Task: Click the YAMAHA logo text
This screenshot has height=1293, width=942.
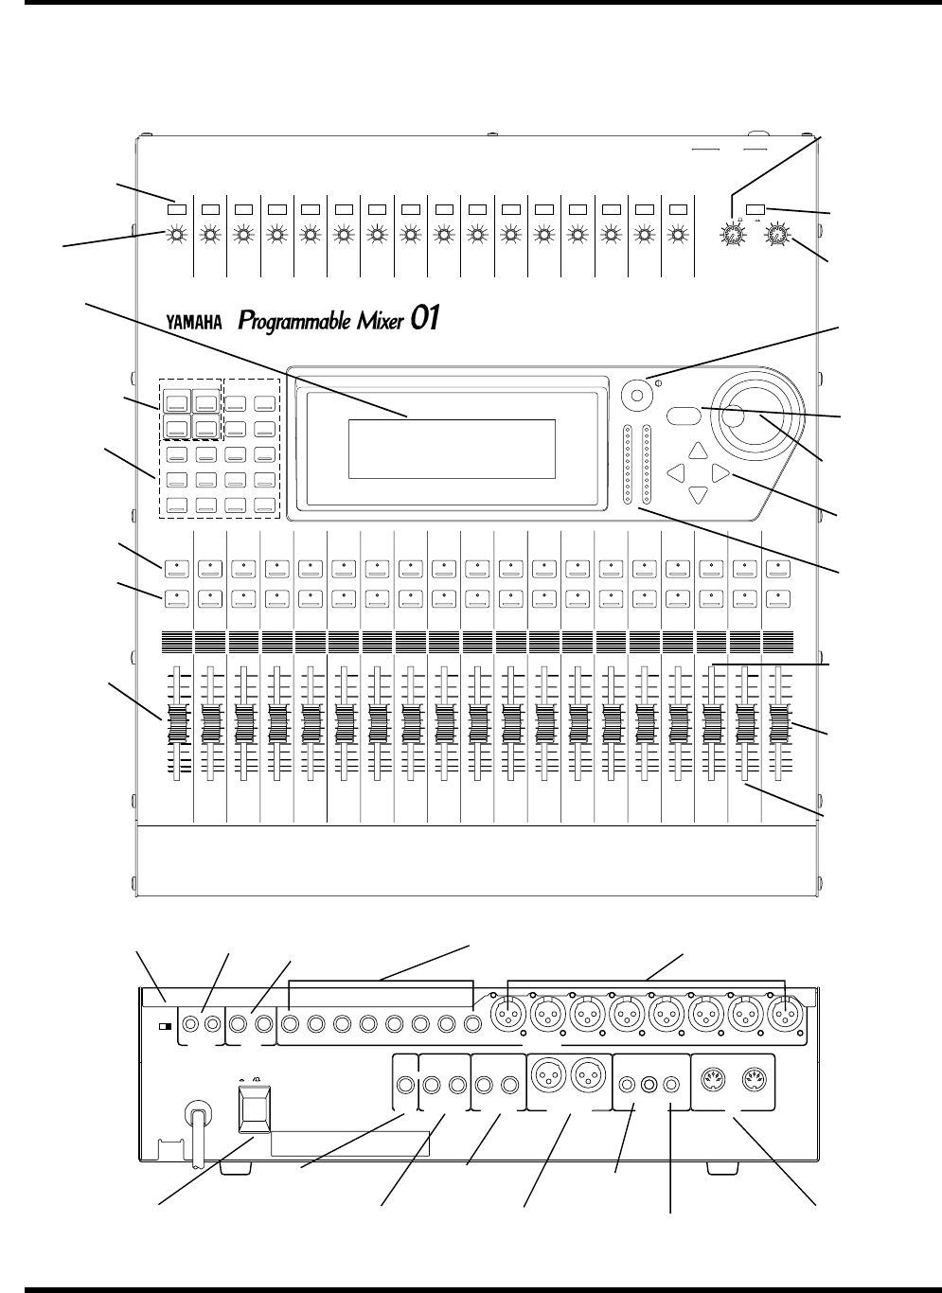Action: [194, 322]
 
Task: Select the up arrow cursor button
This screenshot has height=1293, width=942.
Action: [698, 451]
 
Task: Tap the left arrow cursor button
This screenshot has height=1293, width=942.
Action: [676, 471]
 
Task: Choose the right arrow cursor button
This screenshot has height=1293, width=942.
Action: [720, 471]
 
